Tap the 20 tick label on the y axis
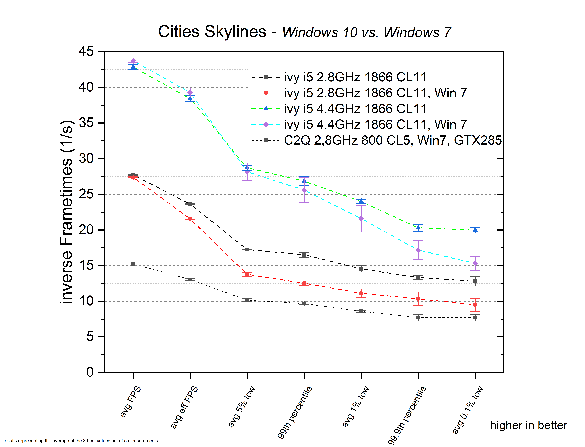(x=86, y=230)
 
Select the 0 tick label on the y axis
(x=90, y=372)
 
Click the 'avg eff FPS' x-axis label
(x=184, y=407)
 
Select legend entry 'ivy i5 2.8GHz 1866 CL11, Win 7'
(x=375, y=93)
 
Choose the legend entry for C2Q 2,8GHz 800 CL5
(x=393, y=140)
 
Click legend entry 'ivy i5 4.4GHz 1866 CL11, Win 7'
(x=375, y=124)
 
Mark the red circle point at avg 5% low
(x=247, y=274)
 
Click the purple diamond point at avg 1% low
(x=361, y=219)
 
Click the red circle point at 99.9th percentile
(x=418, y=299)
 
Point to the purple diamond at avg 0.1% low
(x=475, y=263)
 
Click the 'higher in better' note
(x=529, y=425)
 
